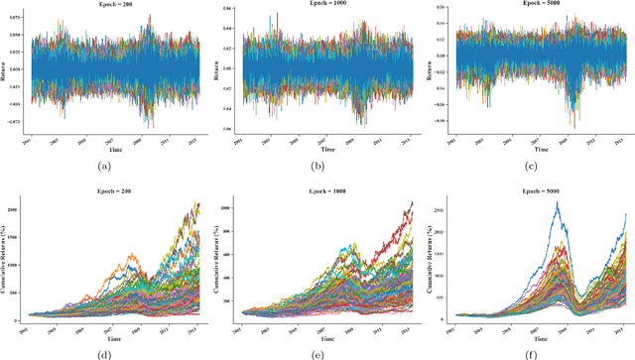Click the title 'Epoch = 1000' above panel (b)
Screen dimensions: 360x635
[319, 6]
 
